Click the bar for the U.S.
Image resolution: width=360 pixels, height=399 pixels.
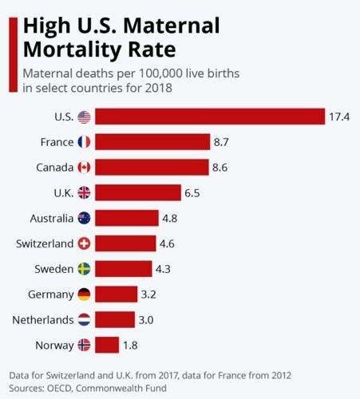211,117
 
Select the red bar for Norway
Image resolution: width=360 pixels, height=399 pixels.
108,345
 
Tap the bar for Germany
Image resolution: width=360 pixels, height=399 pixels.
117,294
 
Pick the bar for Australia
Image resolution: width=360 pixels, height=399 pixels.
128,218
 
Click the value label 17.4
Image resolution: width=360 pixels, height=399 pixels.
339,117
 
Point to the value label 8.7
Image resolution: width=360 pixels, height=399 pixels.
223,142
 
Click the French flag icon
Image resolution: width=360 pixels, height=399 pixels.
85,142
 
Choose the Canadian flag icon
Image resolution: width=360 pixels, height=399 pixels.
85,168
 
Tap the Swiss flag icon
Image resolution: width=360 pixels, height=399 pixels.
85,243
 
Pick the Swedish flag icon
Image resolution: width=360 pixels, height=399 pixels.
85,269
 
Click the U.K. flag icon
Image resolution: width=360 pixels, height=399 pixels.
85,192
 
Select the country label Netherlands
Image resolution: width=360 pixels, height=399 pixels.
42,319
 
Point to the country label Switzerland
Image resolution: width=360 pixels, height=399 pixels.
45,243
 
